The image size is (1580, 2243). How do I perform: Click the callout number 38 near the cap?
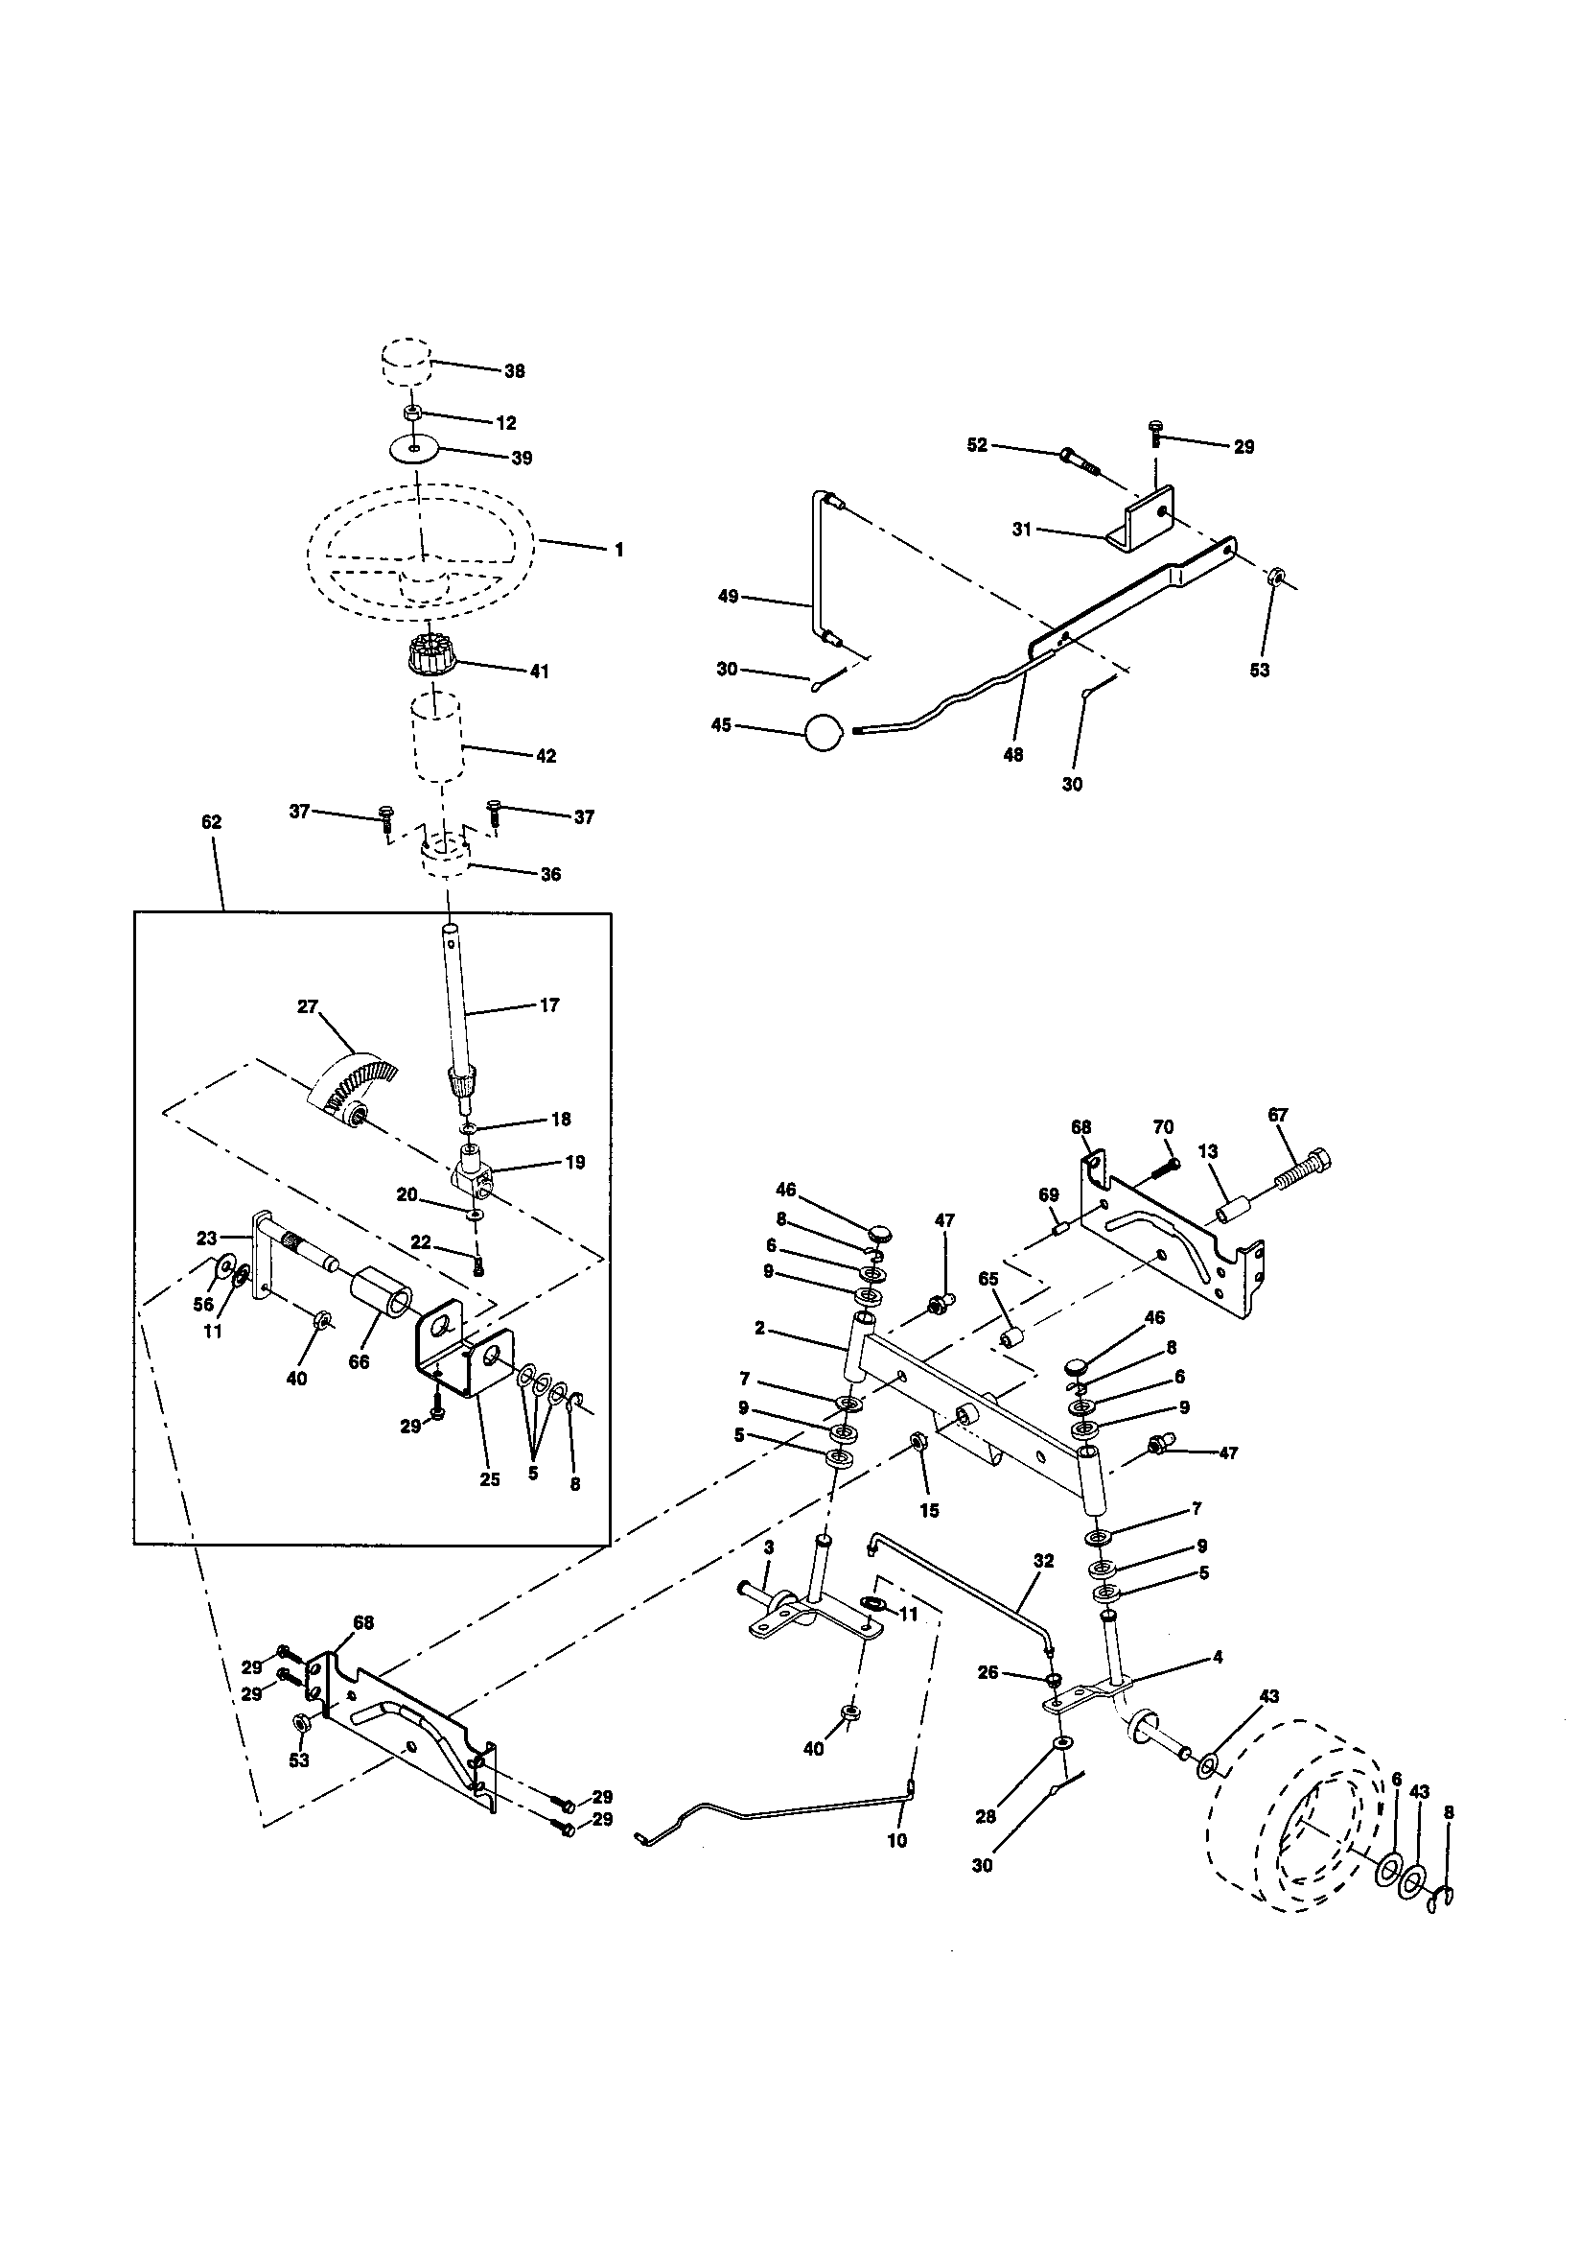[x=514, y=371]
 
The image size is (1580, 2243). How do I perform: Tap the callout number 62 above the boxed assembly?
[x=211, y=822]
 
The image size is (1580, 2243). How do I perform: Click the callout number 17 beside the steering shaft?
[x=549, y=1005]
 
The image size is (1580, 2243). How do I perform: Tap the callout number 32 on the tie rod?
[x=1043, y=1561]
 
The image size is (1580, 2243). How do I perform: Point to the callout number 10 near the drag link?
[x=896, y=1840]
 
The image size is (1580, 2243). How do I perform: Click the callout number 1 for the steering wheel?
[x=618, y=550]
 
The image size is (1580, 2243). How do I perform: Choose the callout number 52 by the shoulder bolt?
[x=978, y=445]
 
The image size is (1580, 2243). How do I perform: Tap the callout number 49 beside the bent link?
[x=728, y=596]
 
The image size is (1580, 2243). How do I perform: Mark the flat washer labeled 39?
[x=414, y=449]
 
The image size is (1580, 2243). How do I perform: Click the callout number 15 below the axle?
[x=929, y=1510]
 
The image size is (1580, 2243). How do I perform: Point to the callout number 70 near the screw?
[x=1162, y=1126]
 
